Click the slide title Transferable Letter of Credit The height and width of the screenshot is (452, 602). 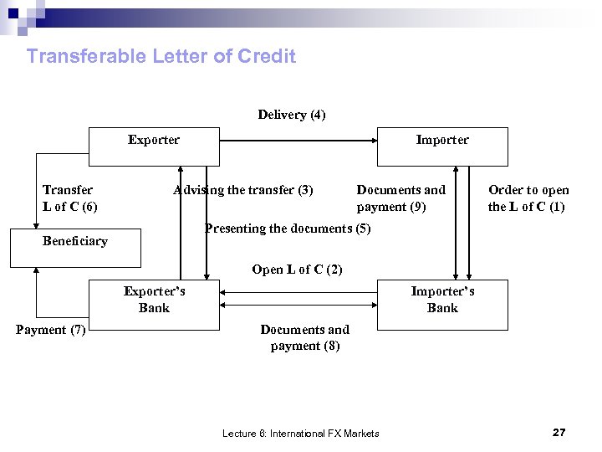click(161, 57)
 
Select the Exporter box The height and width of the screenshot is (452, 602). click(154, 146)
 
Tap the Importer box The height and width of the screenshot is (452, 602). click(442, 146)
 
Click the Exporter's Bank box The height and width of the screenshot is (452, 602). click(155, 306)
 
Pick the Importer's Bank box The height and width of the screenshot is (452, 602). click(442, 306)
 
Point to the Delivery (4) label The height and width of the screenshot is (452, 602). click(292, 115)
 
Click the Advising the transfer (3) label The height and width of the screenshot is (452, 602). click(243, 190)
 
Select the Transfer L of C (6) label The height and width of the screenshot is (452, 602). click(69, 198)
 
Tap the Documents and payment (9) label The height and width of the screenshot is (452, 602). click(401, 198)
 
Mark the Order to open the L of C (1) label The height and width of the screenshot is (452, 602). click(528, 198)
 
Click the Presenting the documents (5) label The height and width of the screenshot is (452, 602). click(288, 229)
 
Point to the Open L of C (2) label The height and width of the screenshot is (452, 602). click(297, 270)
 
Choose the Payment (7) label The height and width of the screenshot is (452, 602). click(51, 330)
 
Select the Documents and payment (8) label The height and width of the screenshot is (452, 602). click(305, 337)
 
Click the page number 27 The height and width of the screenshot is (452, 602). click(559, 432)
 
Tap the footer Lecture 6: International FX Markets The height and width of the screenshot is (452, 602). click(301, 434)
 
